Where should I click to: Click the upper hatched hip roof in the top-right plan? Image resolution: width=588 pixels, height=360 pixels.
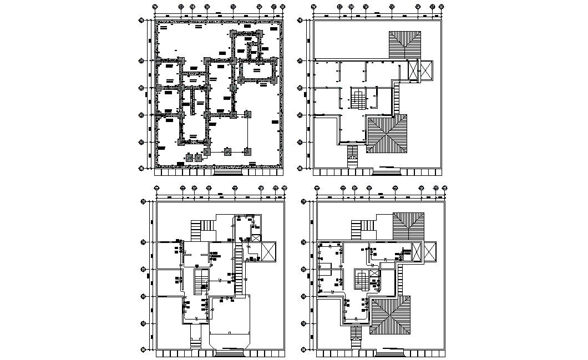404,44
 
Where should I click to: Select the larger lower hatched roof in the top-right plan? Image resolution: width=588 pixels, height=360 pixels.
387,135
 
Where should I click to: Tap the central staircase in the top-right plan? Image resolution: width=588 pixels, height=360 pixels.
358,99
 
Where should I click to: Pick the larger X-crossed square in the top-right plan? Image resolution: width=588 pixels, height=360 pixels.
425,70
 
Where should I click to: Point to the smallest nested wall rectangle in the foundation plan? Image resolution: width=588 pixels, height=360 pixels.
254,52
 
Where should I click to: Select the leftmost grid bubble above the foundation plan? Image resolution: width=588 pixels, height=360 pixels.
155,7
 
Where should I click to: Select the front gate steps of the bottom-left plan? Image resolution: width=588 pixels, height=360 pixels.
229,351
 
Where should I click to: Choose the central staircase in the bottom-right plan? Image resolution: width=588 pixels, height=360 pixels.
362,280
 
